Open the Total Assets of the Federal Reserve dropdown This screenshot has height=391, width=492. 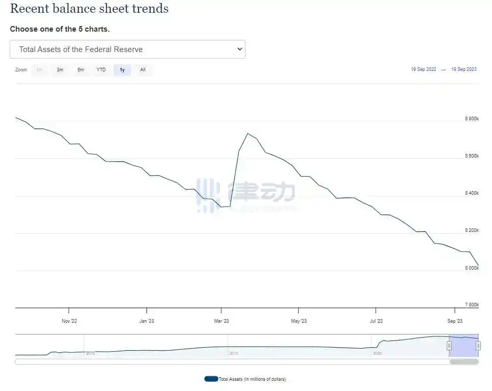coord(127,49)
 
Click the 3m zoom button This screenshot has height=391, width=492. coord(60,70)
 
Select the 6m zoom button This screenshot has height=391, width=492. coord(80,70)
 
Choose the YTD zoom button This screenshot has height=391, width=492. coord(101,70)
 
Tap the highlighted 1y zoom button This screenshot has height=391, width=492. coord(122,70)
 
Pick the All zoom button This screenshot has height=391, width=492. coord(143,70)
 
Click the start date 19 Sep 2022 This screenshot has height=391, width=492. coord(423,69)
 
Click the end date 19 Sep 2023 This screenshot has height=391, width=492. coord(464,69)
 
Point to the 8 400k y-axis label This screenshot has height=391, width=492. coord(472,193)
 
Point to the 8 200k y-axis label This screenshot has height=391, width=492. coord(472,230)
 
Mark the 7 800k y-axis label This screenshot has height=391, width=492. coord(472,305)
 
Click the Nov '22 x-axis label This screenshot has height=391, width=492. coord(69,321)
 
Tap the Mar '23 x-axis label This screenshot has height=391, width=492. coord(222,321)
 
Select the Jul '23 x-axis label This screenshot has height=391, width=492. coord(376,321)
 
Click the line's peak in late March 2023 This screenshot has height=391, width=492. coord(248,134)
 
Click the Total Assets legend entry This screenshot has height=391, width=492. coord(245,379)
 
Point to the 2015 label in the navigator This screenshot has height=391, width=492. coord(233,353)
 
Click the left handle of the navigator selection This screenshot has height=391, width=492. coord(449,346)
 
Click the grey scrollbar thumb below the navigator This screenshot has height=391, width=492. coord(463,362)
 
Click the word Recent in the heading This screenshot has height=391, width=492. coord(29,9)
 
